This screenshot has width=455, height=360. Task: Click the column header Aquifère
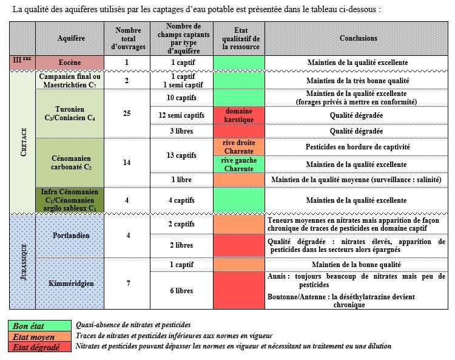click(x=70, y=38)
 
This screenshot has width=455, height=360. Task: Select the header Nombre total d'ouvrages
click(x=127, y=38)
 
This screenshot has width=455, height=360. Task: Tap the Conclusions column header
click(x=358, y=38)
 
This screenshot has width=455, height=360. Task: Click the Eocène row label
click(x=70, y=63)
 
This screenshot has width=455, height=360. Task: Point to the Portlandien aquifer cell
click(x=70, y=236)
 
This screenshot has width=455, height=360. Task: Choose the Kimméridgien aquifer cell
click(x=70, y=284)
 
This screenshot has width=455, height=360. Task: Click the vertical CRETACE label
click(x=23, y=141)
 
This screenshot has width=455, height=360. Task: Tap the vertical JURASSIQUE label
click(x=23, y=261)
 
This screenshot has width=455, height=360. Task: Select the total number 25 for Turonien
click(x=127, y=114)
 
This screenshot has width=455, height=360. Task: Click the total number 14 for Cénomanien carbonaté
click(x=127, y=163)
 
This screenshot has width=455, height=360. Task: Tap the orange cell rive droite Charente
click(x=238, y=147)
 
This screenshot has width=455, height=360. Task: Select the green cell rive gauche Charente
click(x=238, y=165)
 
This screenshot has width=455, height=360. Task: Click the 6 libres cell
click(x=181, y=291)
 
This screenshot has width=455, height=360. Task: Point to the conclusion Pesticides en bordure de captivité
click(x=358, y=147)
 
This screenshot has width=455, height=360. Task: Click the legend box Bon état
click(x=40, y=326)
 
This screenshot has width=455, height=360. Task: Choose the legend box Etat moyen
click(x=40, y=337)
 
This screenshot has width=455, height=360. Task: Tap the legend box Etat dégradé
click(x=40, y=347)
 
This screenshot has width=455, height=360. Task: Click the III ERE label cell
click(x=22, y=61)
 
